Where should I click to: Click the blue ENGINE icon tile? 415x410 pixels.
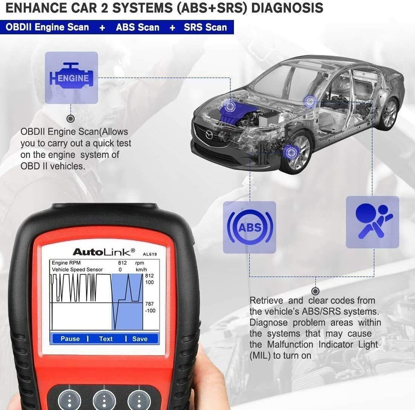(71, 78)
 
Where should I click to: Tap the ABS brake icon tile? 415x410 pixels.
(249, 227)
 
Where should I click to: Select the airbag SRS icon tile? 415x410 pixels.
(372, 222)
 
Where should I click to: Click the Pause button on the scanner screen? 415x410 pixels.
(70, 339)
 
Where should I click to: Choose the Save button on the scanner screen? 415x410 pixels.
(139, 339)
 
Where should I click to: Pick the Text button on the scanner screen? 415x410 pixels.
(106, 339)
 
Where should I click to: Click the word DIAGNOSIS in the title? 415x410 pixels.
(282, 8)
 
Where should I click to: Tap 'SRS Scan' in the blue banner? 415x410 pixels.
(205, 27)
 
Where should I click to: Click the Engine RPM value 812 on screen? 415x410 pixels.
(122, 263)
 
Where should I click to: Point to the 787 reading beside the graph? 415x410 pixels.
(149, 304)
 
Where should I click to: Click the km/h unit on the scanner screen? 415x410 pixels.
(140, 269)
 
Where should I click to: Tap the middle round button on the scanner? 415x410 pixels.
(104, 400)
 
